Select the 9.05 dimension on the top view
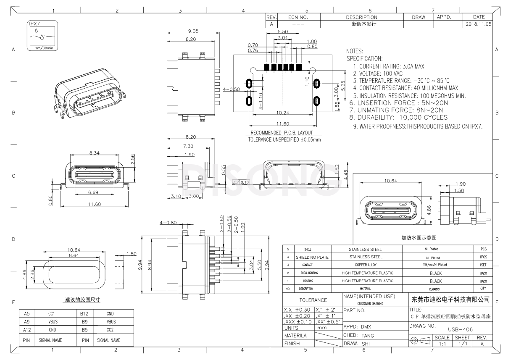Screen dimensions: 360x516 click(193, 31)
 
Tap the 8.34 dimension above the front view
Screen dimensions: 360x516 click(94, 154)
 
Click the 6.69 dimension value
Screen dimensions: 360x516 click(94, 192)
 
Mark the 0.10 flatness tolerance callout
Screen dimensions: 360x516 click(242, 182)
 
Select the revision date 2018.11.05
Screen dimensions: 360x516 click(478, 24)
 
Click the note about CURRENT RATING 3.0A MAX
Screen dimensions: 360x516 click(388, 66)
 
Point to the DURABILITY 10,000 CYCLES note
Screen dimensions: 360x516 click(398, 118)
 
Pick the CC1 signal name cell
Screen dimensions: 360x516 click(52, 314)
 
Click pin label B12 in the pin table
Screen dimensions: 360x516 click(84, 314)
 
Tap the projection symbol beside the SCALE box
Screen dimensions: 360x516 click(421, 340)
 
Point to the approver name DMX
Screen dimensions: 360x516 click(366, 326)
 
